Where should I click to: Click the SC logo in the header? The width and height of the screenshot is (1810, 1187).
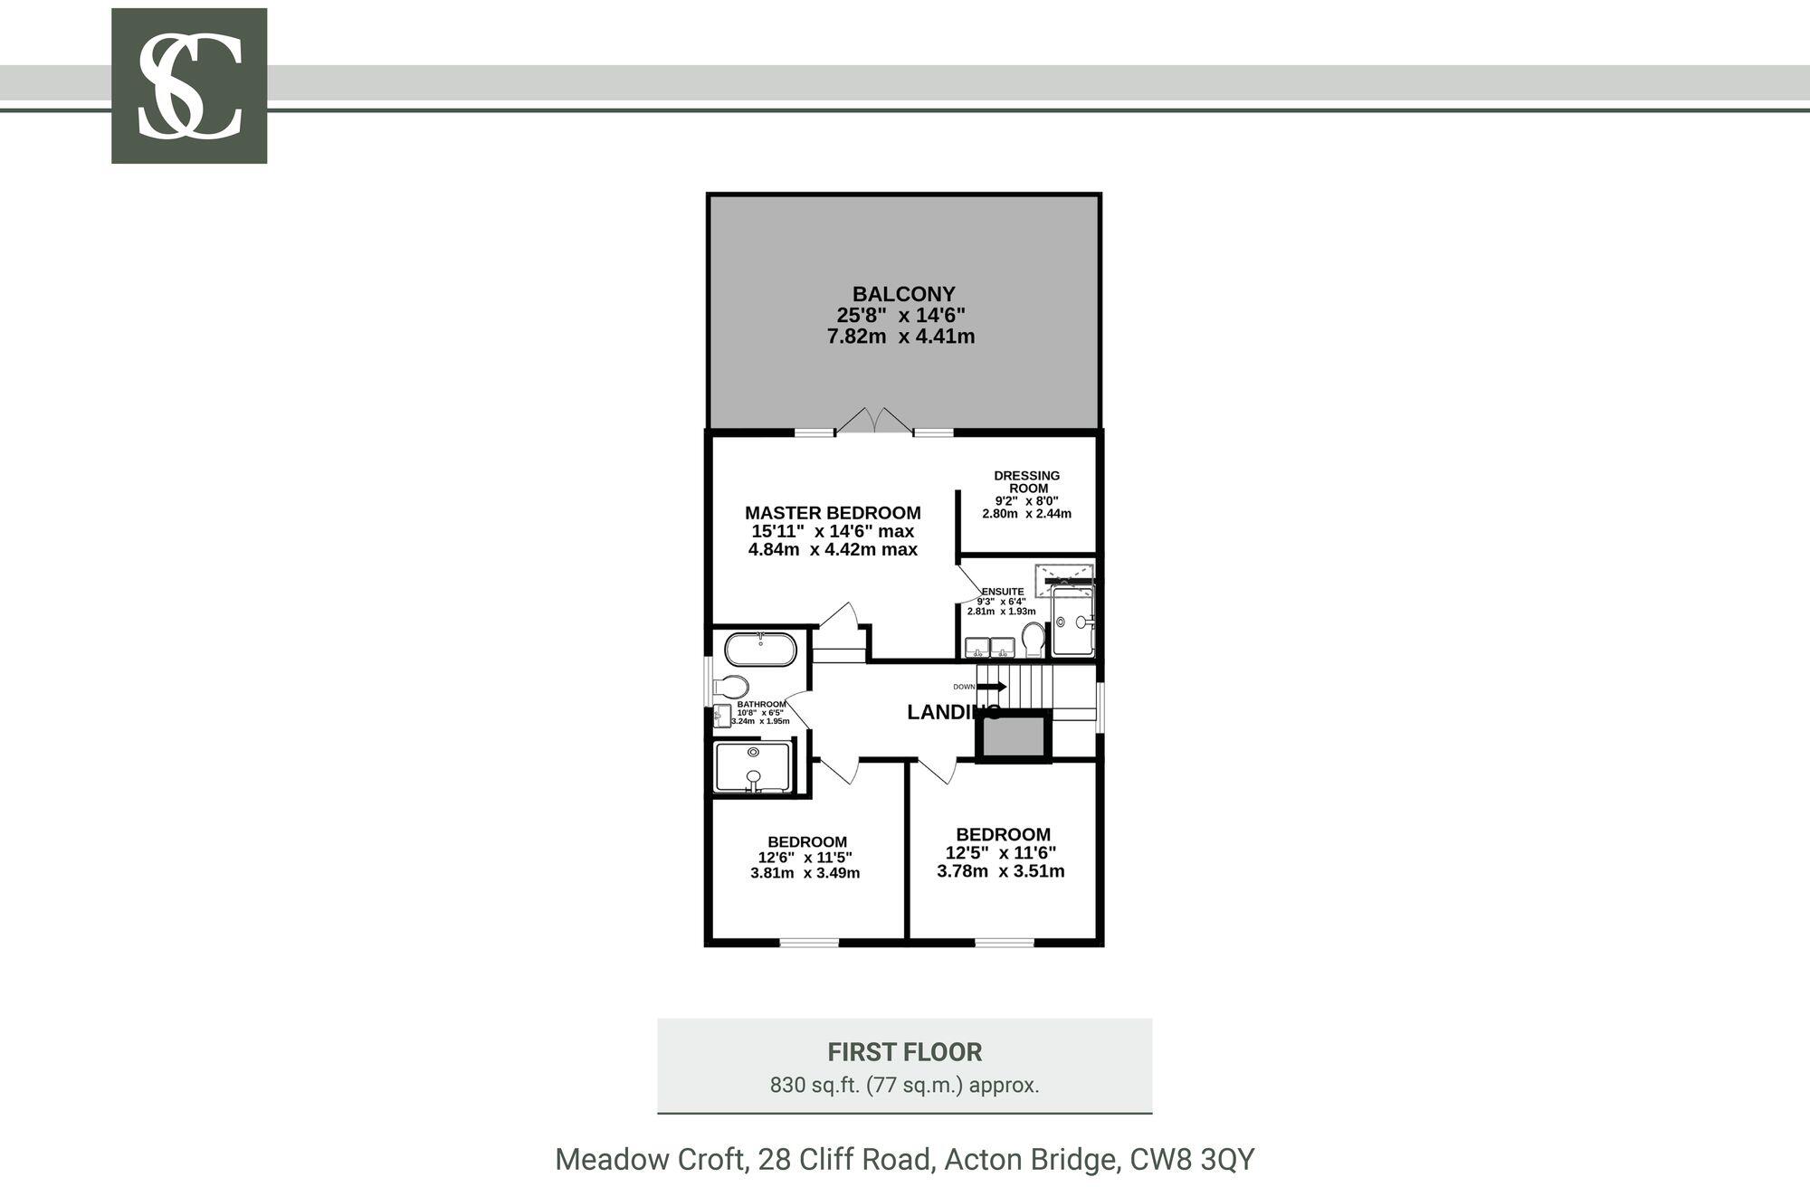(x=189, y=86)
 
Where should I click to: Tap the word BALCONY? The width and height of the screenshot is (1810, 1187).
(x=903, y=294)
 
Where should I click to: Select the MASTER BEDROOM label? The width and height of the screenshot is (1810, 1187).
(x=833, y=513)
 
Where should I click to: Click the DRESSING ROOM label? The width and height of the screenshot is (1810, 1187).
(x=1027, y=481)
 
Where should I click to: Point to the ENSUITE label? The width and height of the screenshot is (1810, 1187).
(x=1003, y=592)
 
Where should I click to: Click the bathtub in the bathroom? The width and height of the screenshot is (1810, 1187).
(x=760, y=650)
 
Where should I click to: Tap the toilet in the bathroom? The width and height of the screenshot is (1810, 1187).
(x=731, y=686)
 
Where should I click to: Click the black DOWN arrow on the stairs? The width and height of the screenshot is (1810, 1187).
(x=991, y=687)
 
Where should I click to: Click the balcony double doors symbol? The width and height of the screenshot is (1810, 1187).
(x=874, y=421)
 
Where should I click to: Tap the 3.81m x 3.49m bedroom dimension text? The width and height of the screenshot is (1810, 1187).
(x=805, y=873)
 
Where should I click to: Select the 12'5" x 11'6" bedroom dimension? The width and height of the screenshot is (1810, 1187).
(x=1001, y=852)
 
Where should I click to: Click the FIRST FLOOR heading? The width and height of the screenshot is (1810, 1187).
(x=905, y=1052)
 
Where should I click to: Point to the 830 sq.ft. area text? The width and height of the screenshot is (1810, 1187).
(x=905, y=1085)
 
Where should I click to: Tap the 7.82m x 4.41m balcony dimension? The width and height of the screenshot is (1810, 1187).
(x=901, y=337)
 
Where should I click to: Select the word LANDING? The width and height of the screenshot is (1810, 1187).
(x=954, y=712)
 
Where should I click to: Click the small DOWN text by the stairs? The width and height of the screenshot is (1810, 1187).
(x=964, y=687)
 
